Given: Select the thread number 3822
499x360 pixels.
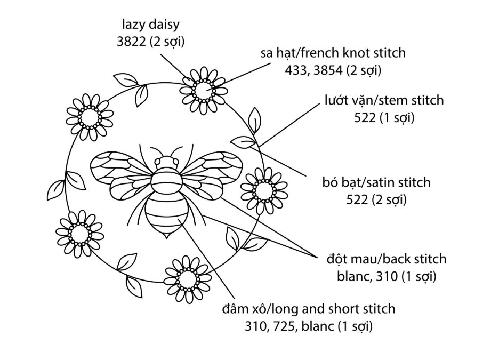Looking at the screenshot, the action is point(131,41).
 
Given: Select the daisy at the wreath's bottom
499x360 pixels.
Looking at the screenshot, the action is point(187,278).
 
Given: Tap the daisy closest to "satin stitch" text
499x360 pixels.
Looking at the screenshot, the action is point(262,189).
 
